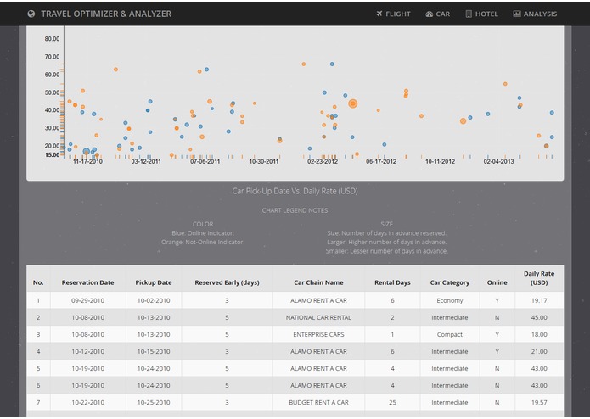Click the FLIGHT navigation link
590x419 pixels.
click(393, 14)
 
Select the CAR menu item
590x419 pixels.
click(438, 14)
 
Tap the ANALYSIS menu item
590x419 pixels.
click(535, 14)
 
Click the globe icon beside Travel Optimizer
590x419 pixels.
click(31, 14)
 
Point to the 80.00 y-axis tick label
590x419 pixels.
click(52, 39)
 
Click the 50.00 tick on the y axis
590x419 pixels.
click(52, 92)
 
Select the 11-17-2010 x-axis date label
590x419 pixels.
click(87, 161)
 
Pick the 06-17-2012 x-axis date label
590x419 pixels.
click(381, 161)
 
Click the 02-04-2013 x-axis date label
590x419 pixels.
click(498, 161)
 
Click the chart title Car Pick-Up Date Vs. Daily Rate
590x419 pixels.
click(295, 191)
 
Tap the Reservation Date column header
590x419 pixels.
click(87, 282)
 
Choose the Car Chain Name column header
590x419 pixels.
click(318, 282)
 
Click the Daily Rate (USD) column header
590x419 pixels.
click(539, 277)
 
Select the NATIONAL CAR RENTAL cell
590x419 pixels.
click(318, 317)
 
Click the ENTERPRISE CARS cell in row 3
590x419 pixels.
click(318, 334)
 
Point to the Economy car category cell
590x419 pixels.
click(449, 300)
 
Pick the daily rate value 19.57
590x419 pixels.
click(539, 402)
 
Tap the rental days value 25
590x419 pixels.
click(392, 402)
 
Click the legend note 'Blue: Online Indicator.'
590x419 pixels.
click(203, 233)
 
